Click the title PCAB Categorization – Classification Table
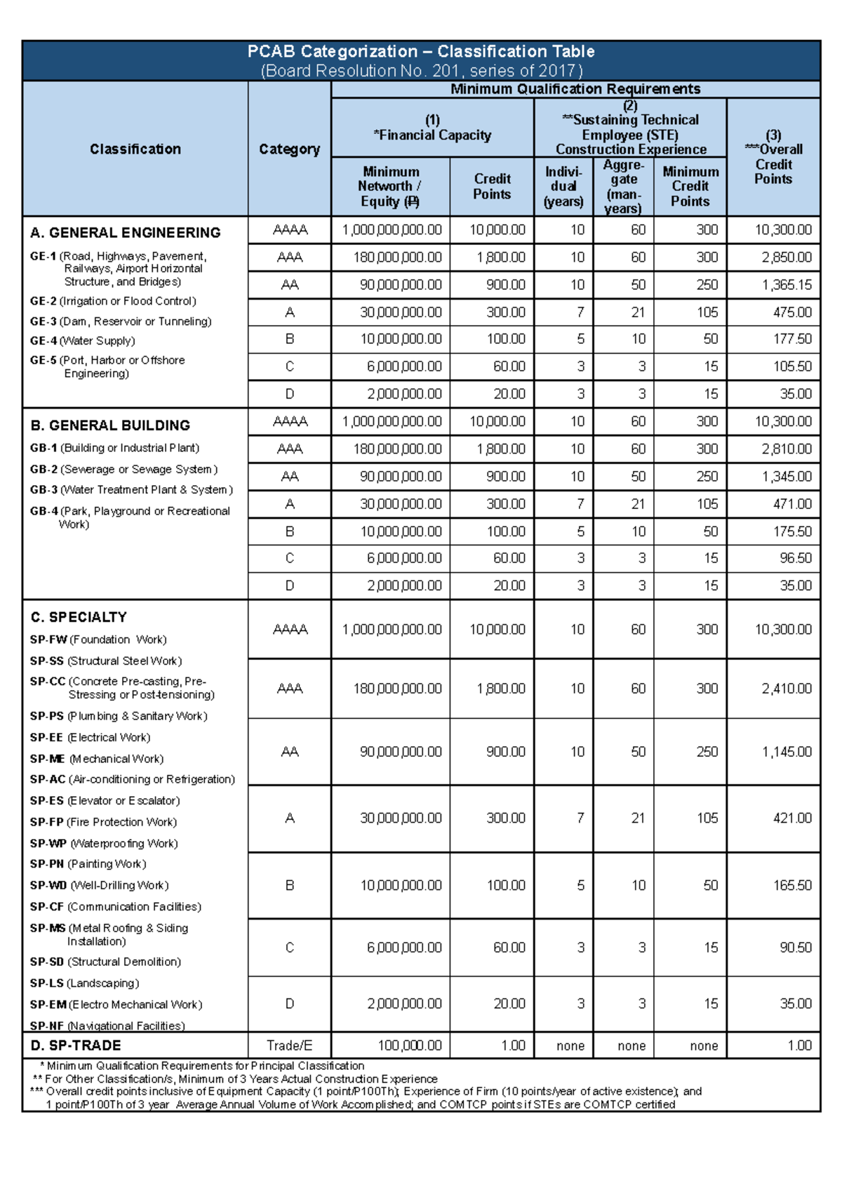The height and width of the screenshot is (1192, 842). [x=421, y=52]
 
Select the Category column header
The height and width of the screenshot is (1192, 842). [x=289, y=150]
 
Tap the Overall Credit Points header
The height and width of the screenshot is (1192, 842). [x=773, y=157]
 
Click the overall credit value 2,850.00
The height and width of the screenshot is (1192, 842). [x=786, y=258]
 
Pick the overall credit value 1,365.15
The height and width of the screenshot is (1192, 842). [x=786, y=285]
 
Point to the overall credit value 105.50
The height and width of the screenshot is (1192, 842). [x=792, y=366]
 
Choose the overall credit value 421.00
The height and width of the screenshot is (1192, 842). [x=791, y=819]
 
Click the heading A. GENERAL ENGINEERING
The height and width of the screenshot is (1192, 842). [x=126, y=233]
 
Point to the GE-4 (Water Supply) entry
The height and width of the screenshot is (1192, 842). [x=82, y=341]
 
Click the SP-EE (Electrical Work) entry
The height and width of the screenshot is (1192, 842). [x=90, y=738]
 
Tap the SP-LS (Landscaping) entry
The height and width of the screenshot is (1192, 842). [x=84, y=984]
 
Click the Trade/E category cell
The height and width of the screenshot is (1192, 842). [x=289, y=1046]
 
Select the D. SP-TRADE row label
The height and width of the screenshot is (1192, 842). [x=76, y=1046]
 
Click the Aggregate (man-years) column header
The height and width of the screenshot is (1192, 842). [x=623, y=187]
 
